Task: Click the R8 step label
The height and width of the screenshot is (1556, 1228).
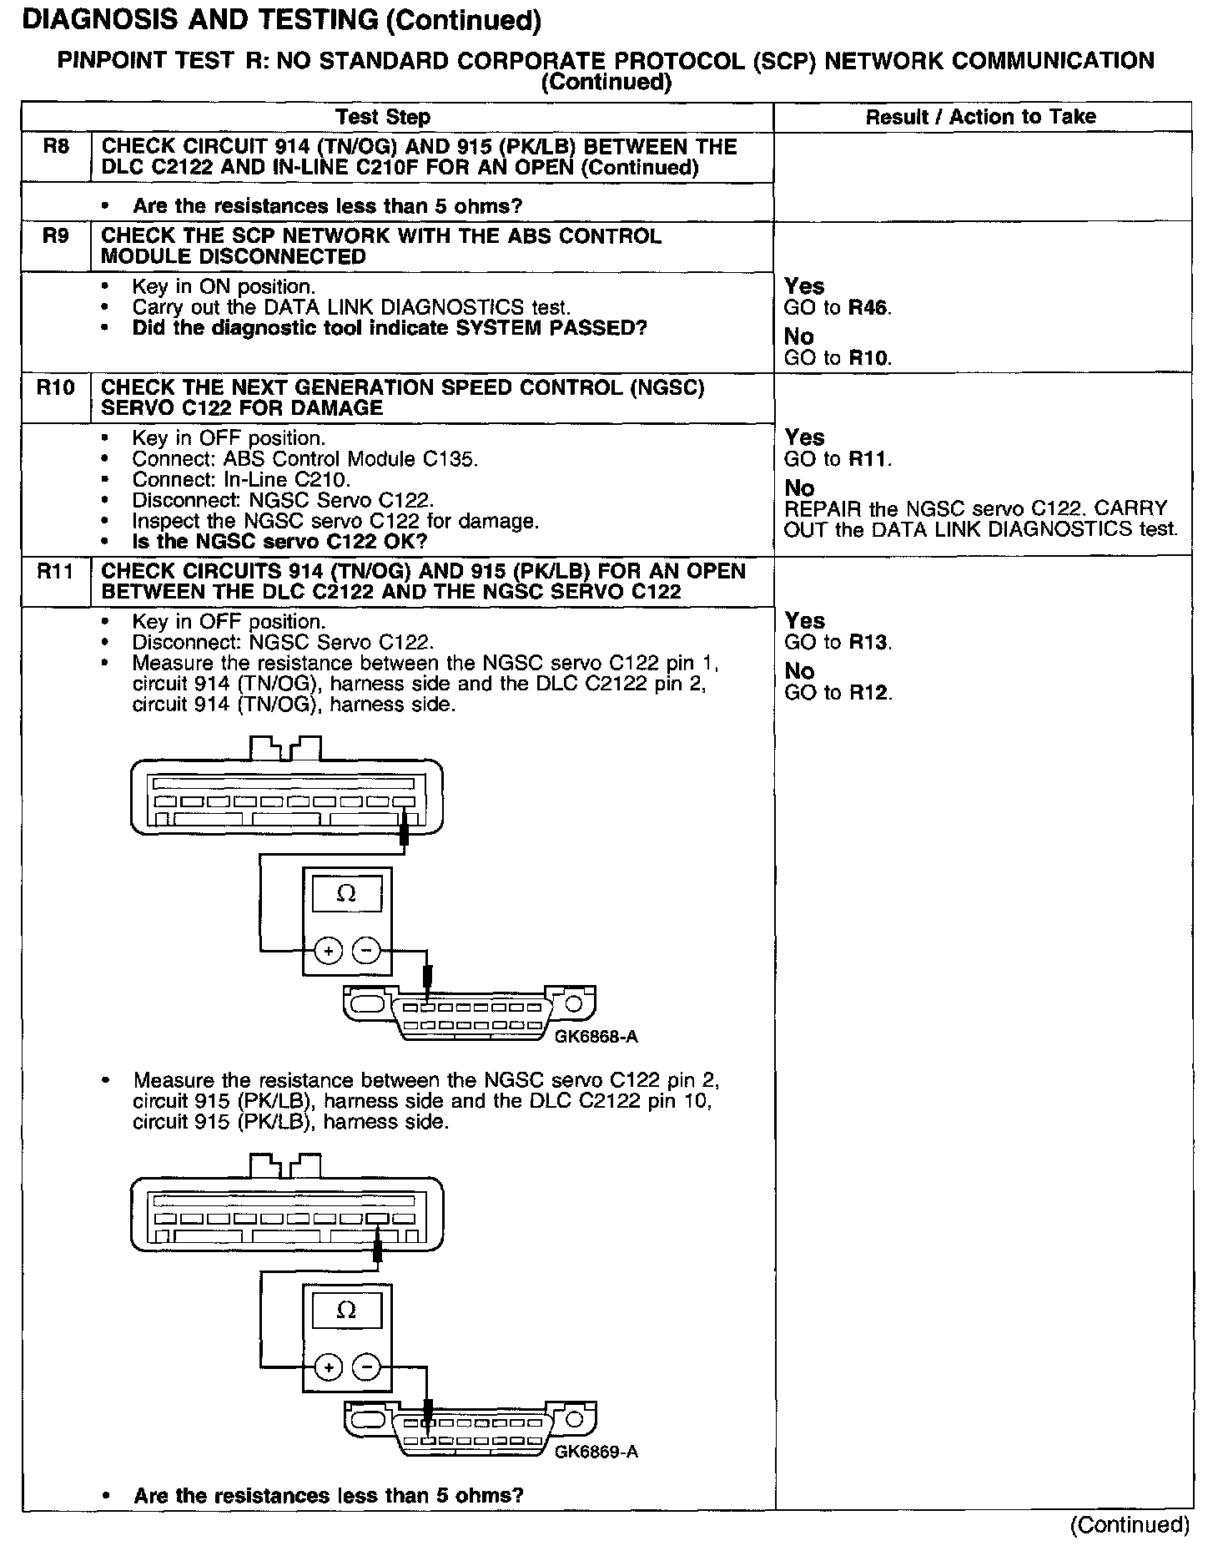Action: coord(55,148)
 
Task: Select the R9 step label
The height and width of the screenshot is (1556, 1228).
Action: coord(55,236)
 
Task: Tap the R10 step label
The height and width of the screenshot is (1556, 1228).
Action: coord(55,388)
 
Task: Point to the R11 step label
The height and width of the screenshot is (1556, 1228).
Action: coord(55,572)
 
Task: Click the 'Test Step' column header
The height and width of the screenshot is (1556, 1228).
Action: coord(383,117)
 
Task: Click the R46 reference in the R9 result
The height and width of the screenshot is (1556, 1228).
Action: coord(868,308)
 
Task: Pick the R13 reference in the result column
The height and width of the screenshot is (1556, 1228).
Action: coord(868,643)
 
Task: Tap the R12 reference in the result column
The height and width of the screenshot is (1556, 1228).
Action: coord(868,693)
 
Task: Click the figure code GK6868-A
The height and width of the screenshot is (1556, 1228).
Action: coord(596,1038)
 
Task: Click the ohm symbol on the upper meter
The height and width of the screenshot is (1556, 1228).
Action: coord(345,894)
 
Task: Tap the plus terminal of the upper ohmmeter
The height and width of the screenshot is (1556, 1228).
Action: coord(328,951)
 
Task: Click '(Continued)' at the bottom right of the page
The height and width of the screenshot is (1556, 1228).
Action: coord(1130,1525)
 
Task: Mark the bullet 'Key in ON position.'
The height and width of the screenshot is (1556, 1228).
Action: coord(224,287)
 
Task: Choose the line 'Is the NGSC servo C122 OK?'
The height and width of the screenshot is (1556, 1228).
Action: coord(279,542)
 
